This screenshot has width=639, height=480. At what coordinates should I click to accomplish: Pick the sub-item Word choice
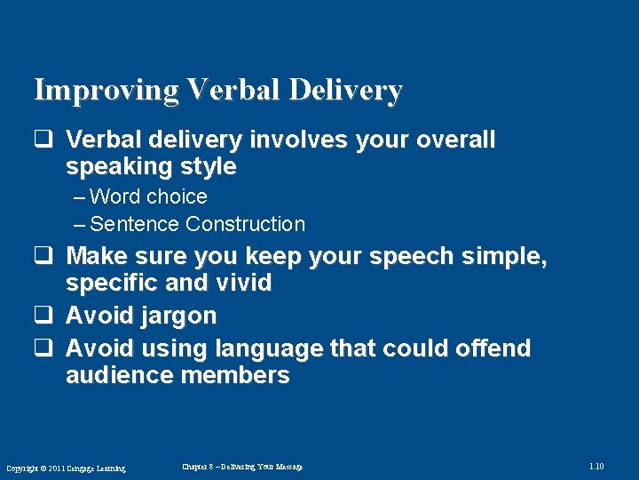tap(147, 196)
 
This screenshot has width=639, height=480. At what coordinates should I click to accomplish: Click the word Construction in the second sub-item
tap(245, 224)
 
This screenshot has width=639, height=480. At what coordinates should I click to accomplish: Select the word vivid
tap(243, 284)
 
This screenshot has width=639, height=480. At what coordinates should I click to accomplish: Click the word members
tap(235, 375)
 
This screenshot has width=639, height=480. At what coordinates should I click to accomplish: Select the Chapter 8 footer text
tap(242, 467)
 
